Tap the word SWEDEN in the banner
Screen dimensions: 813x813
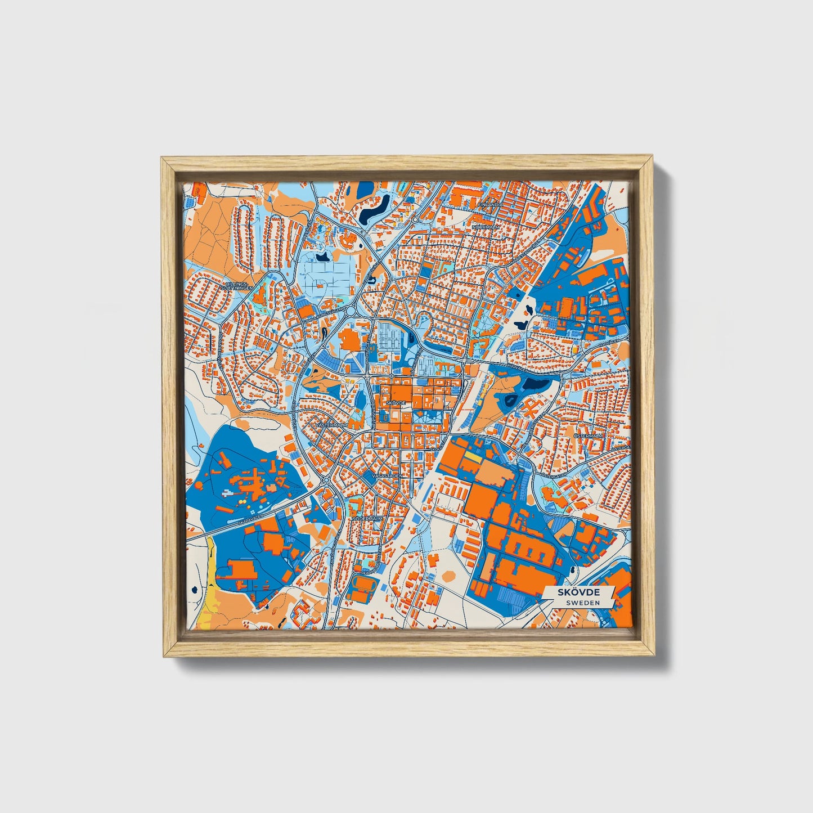click(582, 603)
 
